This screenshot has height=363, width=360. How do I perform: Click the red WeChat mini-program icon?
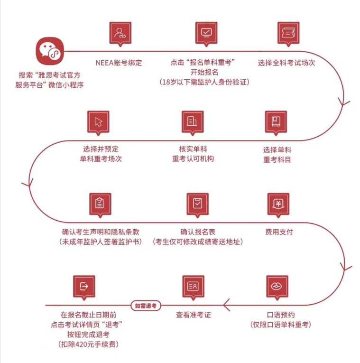[x=49, y=51]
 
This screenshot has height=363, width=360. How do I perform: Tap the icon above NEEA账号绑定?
[x=120, y=32]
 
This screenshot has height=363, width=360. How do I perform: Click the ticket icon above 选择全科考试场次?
[x=288, y=32]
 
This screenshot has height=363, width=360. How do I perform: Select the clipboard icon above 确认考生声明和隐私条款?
[x=100, y=203]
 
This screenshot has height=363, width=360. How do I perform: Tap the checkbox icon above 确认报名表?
[x=197, y=203]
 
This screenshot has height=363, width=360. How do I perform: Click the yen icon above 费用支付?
[x=278, y=203]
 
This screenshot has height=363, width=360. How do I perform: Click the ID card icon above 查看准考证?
[x=193, y=286]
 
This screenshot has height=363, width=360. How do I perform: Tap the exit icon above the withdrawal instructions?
[x=84, y=286]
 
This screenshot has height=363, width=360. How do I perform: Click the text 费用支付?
[x=279, y=232]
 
